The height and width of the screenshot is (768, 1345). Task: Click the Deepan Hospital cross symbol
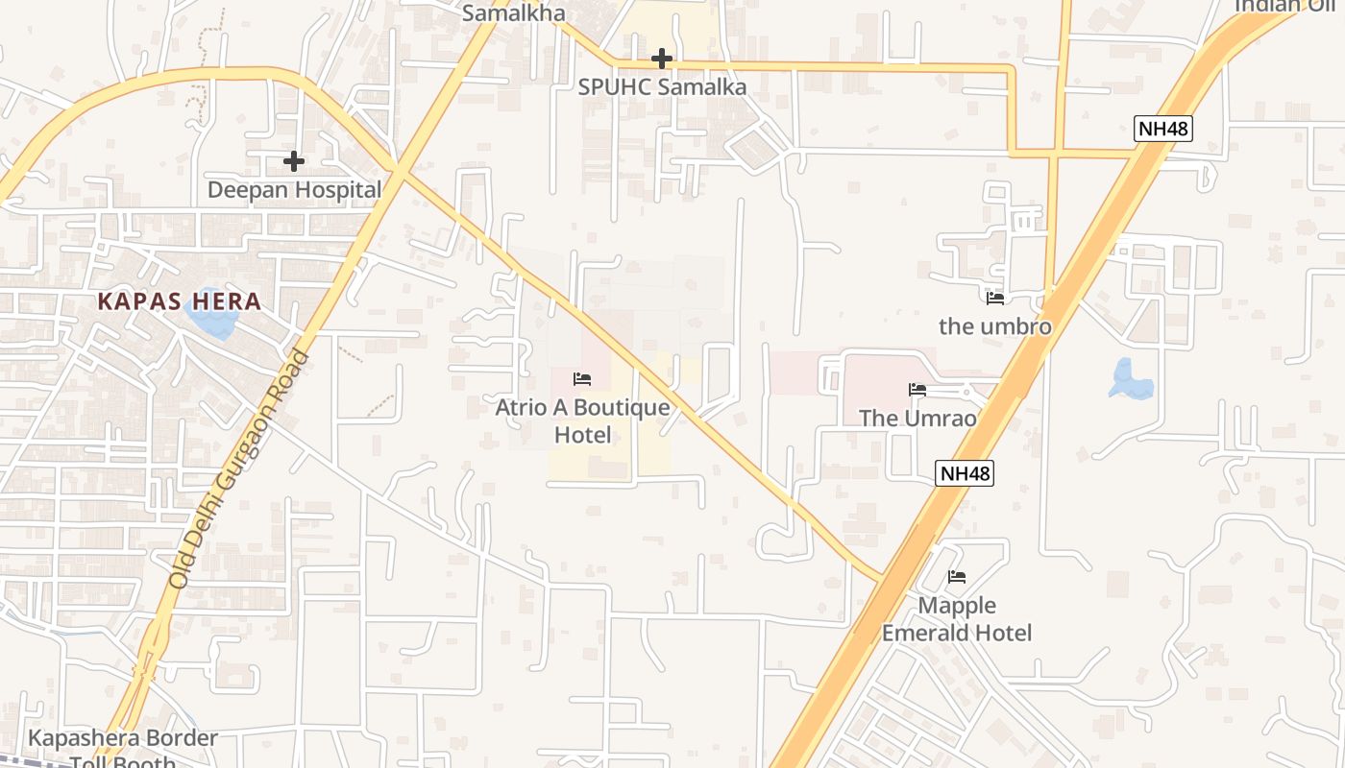point(294,161)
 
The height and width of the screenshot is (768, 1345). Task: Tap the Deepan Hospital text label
point(294,189)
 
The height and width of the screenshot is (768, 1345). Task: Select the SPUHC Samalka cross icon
point(661,60)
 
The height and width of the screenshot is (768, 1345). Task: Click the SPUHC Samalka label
point(662,86)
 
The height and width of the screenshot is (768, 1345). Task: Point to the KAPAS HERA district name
point(180,301)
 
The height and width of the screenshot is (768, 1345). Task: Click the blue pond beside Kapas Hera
point(212,319)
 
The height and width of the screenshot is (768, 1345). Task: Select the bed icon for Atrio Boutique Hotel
point(582,379)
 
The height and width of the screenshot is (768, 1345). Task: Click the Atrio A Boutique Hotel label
point(582,420)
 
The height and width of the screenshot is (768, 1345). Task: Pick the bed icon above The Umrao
point(917,390)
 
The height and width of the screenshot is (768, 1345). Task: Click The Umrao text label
point(917,418)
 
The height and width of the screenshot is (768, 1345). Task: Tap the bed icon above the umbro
point(995,299)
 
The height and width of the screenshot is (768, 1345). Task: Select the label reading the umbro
point(995,326)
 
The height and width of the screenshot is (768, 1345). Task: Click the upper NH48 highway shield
point(1162,129)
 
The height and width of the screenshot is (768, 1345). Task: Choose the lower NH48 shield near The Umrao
point(964,472)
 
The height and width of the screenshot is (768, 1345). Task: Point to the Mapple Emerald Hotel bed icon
point(957,577)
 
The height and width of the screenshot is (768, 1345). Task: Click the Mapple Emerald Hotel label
point(957,619)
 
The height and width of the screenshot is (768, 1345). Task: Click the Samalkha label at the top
point(513,13)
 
